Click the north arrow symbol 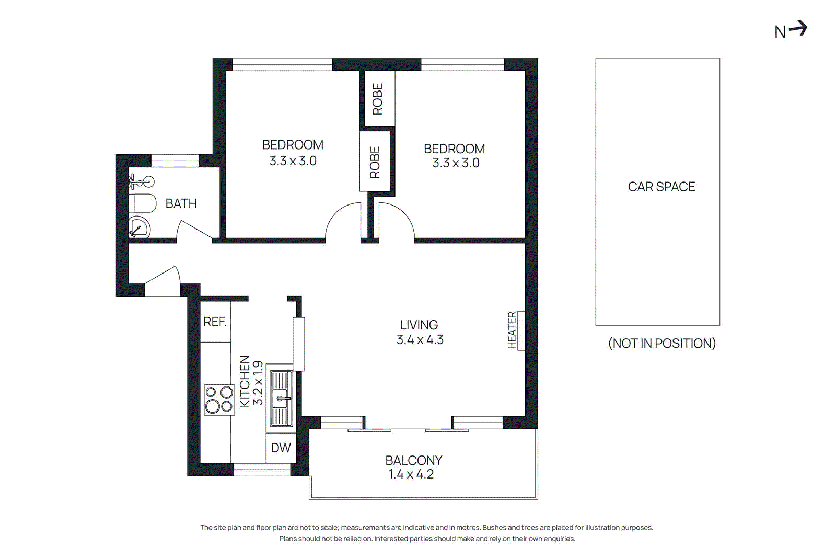click(791, 30)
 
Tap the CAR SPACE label click(661, 187)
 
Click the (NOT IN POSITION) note click(661, 343)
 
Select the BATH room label click(181, 203)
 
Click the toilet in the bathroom click(143, 203)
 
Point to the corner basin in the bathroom click(138, 228)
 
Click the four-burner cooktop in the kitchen click(219, 400)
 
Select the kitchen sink click(281, 398)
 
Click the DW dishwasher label click(281, 448)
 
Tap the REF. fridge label click(215, 322)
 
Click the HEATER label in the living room click(512, 330)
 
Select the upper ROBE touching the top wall click(378, 98)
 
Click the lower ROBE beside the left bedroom click(375, 162)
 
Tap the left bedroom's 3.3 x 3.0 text click(293, 161)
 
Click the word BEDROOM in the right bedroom click(454, 149)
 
